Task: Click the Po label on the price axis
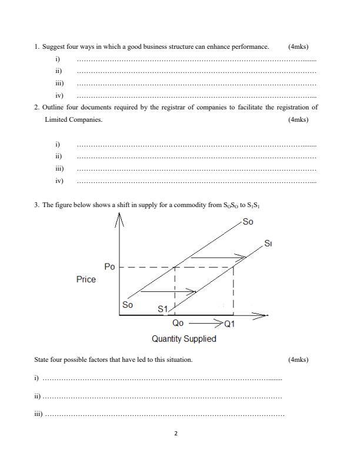(x=109, y=267)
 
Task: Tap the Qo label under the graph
(x=178, y=323)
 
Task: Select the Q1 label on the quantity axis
(x=229, y=324)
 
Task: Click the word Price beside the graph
(x=86, y=279)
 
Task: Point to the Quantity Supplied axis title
(x=184, y=339)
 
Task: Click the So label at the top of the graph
(x=248, y=222)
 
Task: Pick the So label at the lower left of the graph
(x=128, y=305)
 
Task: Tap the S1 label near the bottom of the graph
(x=163, y=309)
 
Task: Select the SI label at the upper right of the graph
(x=268, y=243)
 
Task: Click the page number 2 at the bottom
(x=176, y=434)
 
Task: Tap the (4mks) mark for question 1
(x=298, y=46)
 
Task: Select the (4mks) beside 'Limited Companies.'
(x=298, y=119)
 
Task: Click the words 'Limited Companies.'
(x=74, y=119)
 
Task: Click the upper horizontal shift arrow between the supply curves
(x=217, y=257)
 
